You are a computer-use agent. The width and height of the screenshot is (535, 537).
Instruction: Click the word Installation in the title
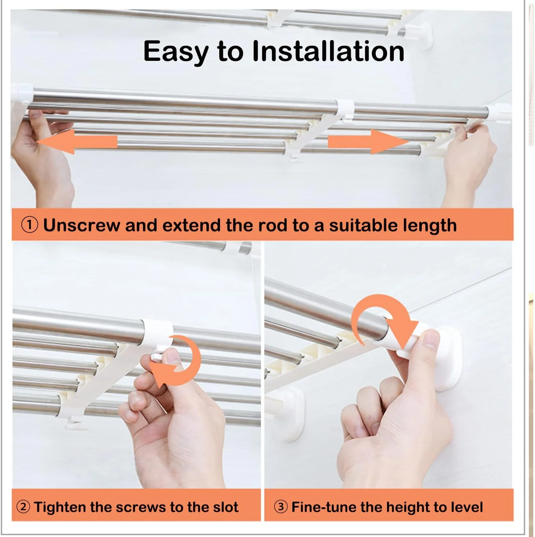pos(328,51)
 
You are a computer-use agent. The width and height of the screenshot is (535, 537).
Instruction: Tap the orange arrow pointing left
pos(77,142)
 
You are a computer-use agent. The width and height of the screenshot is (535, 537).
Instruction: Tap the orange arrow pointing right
pos(369,142)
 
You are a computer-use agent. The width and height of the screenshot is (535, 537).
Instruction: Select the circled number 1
pos(29,225)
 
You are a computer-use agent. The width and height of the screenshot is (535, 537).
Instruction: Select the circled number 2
pos(23,507)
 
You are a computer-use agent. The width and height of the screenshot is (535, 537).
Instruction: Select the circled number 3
pos(281,507)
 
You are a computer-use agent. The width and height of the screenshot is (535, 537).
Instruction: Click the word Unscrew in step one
pos(82,225)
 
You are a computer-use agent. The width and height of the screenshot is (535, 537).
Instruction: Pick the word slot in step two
pos(225,507)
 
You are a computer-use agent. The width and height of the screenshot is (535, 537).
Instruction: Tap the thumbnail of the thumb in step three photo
pos(431,338)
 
